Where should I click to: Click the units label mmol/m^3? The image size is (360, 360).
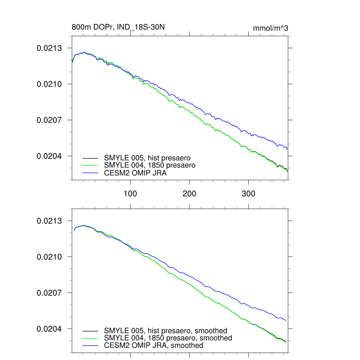[x=270, y=28]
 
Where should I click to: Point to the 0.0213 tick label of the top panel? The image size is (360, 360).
[x=50, y=48]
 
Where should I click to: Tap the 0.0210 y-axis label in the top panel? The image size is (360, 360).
[x=50, y=84]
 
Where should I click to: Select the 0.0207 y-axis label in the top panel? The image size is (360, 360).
[x=50, y=120]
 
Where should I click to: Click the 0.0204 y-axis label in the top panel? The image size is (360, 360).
[x=50, y=156]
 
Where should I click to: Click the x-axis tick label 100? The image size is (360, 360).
[x=130, y=194]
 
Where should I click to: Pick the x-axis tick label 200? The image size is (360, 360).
[x=189, y=194]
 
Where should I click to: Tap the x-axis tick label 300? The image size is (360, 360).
[x=249, y=194]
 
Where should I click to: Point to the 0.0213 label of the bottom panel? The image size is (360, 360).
[x=50, y=221]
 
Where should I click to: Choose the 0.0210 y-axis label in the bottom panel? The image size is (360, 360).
[x=50, y=257]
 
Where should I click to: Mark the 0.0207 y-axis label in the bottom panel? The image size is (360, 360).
[x=50, y=293]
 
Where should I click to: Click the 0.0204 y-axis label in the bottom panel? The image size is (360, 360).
[x=50, y=329]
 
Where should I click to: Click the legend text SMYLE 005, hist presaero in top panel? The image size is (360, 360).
[x=147, y=157]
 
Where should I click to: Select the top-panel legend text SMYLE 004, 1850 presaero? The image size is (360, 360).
[x=150, y=165]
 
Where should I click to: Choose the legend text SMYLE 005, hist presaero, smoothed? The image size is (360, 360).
[x=166, y=330]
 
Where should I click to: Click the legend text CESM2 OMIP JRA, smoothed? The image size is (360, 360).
[x=154, y=346]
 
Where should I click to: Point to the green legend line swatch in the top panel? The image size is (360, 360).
[x=90, y=165]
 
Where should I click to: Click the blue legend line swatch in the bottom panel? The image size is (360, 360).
[x=90, y=346]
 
